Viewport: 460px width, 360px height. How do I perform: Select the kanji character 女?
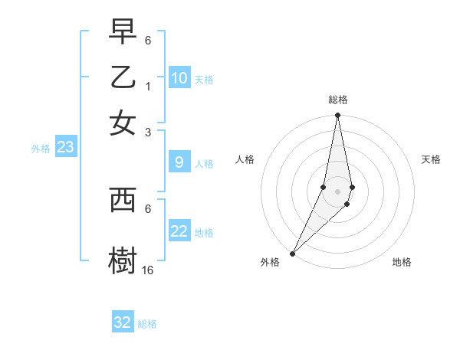[123, 123]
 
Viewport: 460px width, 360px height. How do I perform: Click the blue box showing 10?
[179, 78]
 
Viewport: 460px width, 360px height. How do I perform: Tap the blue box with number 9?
[179, 162]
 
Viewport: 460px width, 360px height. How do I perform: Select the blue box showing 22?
[179, 231]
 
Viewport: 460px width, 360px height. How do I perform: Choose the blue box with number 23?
[65, 148]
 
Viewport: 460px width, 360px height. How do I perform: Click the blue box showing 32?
[123, 322]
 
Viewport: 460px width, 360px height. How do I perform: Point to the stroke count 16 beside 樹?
[148, 270]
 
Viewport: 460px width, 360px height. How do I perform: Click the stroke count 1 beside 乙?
[148, 86]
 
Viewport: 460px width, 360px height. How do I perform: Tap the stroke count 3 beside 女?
[148, 133]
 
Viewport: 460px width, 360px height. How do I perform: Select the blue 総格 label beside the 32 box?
[147, 324]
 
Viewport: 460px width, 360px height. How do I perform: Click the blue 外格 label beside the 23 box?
[41, 149]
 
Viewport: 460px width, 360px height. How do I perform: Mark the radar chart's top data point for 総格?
[337, 116]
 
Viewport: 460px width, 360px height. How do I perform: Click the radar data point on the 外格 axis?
[293, 253]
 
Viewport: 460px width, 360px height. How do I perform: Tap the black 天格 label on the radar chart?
[431, 159]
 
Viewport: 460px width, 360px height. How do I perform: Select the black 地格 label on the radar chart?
[402, 262]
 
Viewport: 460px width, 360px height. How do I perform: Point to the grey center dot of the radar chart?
[337, 191]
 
